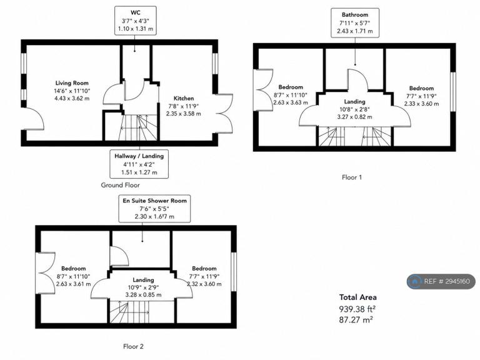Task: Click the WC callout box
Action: click(x=136, y=21)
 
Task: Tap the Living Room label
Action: click(x=72, y=83)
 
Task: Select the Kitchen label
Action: click(x=184, y=98)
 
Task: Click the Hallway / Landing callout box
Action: click(x=139, y=164)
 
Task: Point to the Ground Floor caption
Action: click(x=120, y=185)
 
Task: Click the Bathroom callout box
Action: click(x=355, y=23)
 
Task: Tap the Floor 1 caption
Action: click(x=352, y=177)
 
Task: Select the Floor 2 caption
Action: click(x=133, y=346)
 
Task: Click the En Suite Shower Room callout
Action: click(x=154, y=209)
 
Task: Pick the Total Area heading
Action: click(x=358, y=297)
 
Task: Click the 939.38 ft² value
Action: click(x=357, y=309)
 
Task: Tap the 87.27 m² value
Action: click(x=356, y=320)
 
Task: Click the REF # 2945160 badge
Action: click(x=441, y=281)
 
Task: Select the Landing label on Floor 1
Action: click(x=355, y=102)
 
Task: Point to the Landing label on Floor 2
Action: click(x=143, y=280)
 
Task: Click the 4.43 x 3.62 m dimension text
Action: click(x=72, y=99)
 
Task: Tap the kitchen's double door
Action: click(x=225, y=114)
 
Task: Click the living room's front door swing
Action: click(x=34, y=119)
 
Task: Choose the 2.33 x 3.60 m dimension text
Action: click(x=421, y=104)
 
